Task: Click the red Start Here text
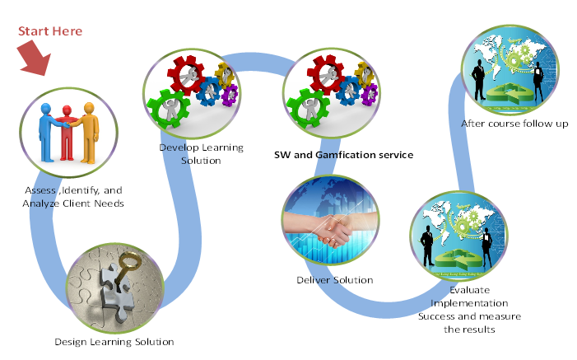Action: point(50,31)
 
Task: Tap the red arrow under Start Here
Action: point(34,58)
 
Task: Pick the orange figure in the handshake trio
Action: point(88,133)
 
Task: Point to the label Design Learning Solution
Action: point(114,342)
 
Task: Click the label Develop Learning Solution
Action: point(202,154)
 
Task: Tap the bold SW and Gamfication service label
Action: point(344,155)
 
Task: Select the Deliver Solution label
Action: point(335,280)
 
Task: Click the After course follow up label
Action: point(514,124)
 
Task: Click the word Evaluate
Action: point(469,290)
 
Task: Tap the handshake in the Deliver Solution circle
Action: point(331,228)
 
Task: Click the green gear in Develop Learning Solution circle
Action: point(169,109)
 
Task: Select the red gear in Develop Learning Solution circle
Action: point(186,75)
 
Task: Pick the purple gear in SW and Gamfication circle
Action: point(370,95)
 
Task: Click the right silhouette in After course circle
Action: point(538,82)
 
